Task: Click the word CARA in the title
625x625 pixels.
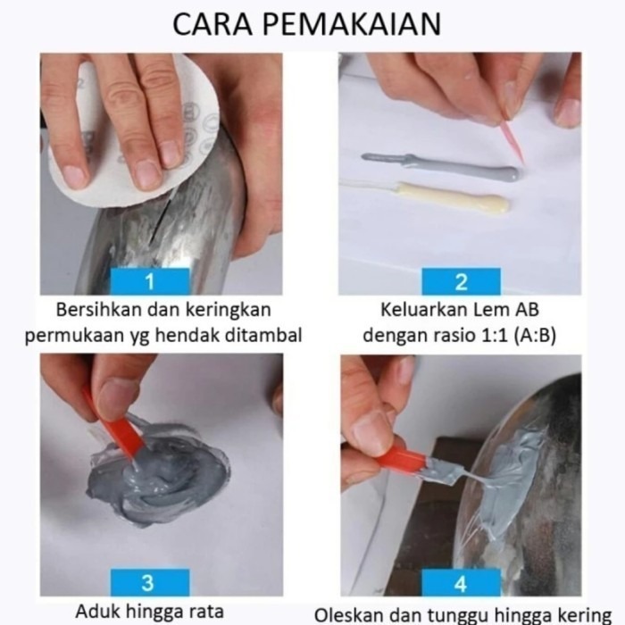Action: pyautogui.click(x=212, y=24)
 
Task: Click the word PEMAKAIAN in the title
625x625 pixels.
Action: pyautogui.click(x=352, y=24)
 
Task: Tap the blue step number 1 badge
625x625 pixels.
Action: pyautogui.click(x=150, y=281)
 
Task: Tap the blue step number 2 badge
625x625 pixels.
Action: pyautogui.click(x=462, y=281)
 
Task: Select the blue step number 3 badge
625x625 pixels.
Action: pyautogui.click(x=150, y=582)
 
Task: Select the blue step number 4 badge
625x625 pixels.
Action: pyautogui.click(x=462, y=583)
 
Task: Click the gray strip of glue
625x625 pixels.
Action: pyautogui.click(x=442, y=165)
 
